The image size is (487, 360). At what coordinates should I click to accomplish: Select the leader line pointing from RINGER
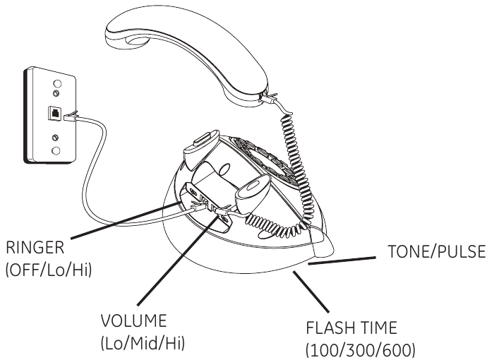pyautogui.click(x=124, y=222)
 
